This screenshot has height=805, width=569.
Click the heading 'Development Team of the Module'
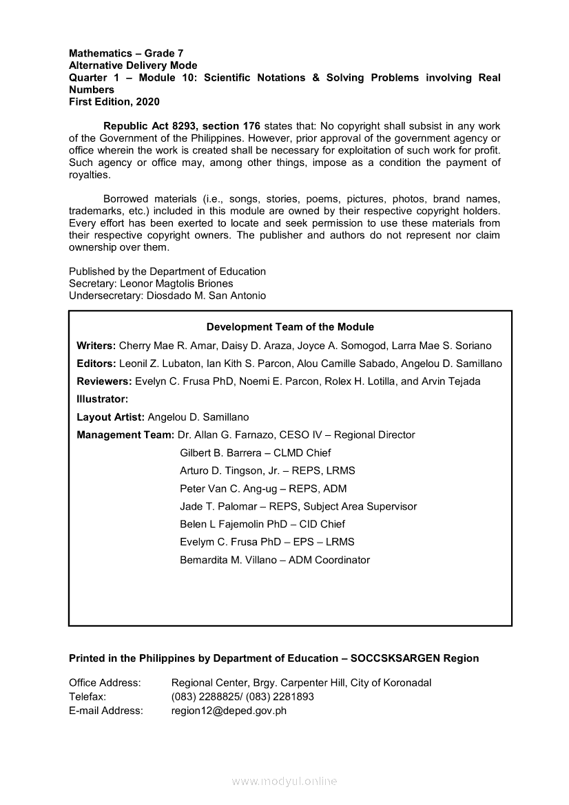pos(290,327)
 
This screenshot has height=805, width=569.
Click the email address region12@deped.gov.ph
pos(229,711)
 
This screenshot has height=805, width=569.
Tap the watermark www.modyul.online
pos(284,782)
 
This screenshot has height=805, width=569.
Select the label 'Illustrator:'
pos(103,399)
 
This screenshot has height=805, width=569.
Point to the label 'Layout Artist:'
pos(110,417)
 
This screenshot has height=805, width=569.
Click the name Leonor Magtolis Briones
pos(176,283)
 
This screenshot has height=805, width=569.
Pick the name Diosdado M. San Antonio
pos(207,295)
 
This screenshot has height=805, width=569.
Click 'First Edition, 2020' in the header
pos(114,102)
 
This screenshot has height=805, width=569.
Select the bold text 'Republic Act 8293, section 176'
pos(182,126)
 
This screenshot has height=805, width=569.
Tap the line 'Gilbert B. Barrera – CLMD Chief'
pos(255,452)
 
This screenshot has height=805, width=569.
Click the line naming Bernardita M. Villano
pos(274,560)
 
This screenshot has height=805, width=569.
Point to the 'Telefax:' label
pos(87,696)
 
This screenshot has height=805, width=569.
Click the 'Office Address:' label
pos(105,682)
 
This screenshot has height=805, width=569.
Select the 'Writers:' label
pos(96,345)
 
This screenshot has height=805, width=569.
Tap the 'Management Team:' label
pos(125,435)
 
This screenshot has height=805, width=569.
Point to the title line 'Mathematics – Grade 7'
pos(126,53)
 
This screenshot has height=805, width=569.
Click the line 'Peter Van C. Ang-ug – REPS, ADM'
pos(263,488)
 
